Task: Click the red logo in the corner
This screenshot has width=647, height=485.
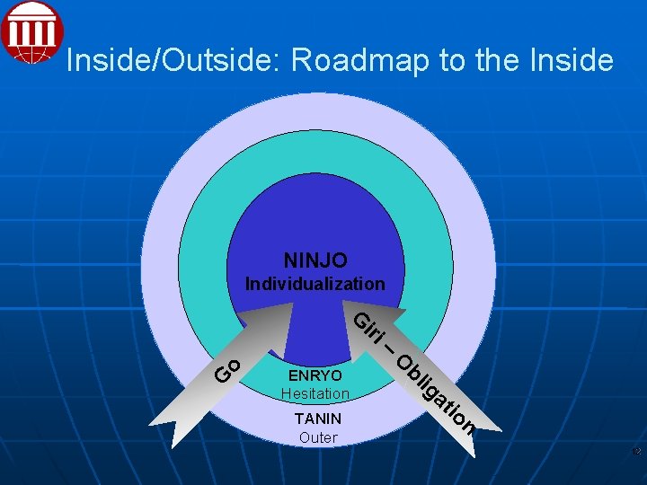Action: [x=32, y=32]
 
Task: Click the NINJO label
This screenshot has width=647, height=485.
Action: [x=315, y=260]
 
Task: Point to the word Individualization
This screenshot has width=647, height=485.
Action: [x=315, y=284]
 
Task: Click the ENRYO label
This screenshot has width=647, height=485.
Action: [x=315, y=375]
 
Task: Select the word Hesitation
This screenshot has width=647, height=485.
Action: [x=315, y=393]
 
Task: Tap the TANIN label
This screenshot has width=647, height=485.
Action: [x=318, y=419]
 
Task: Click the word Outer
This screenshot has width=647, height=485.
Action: [x=318, y=437]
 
